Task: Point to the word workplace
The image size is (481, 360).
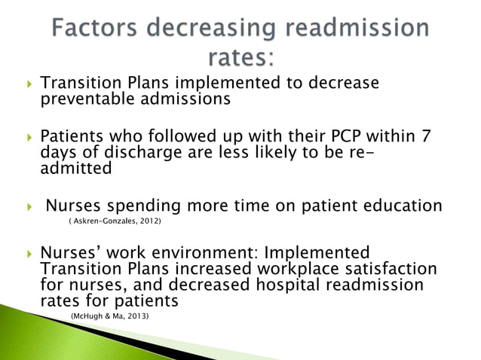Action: [266, 269]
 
